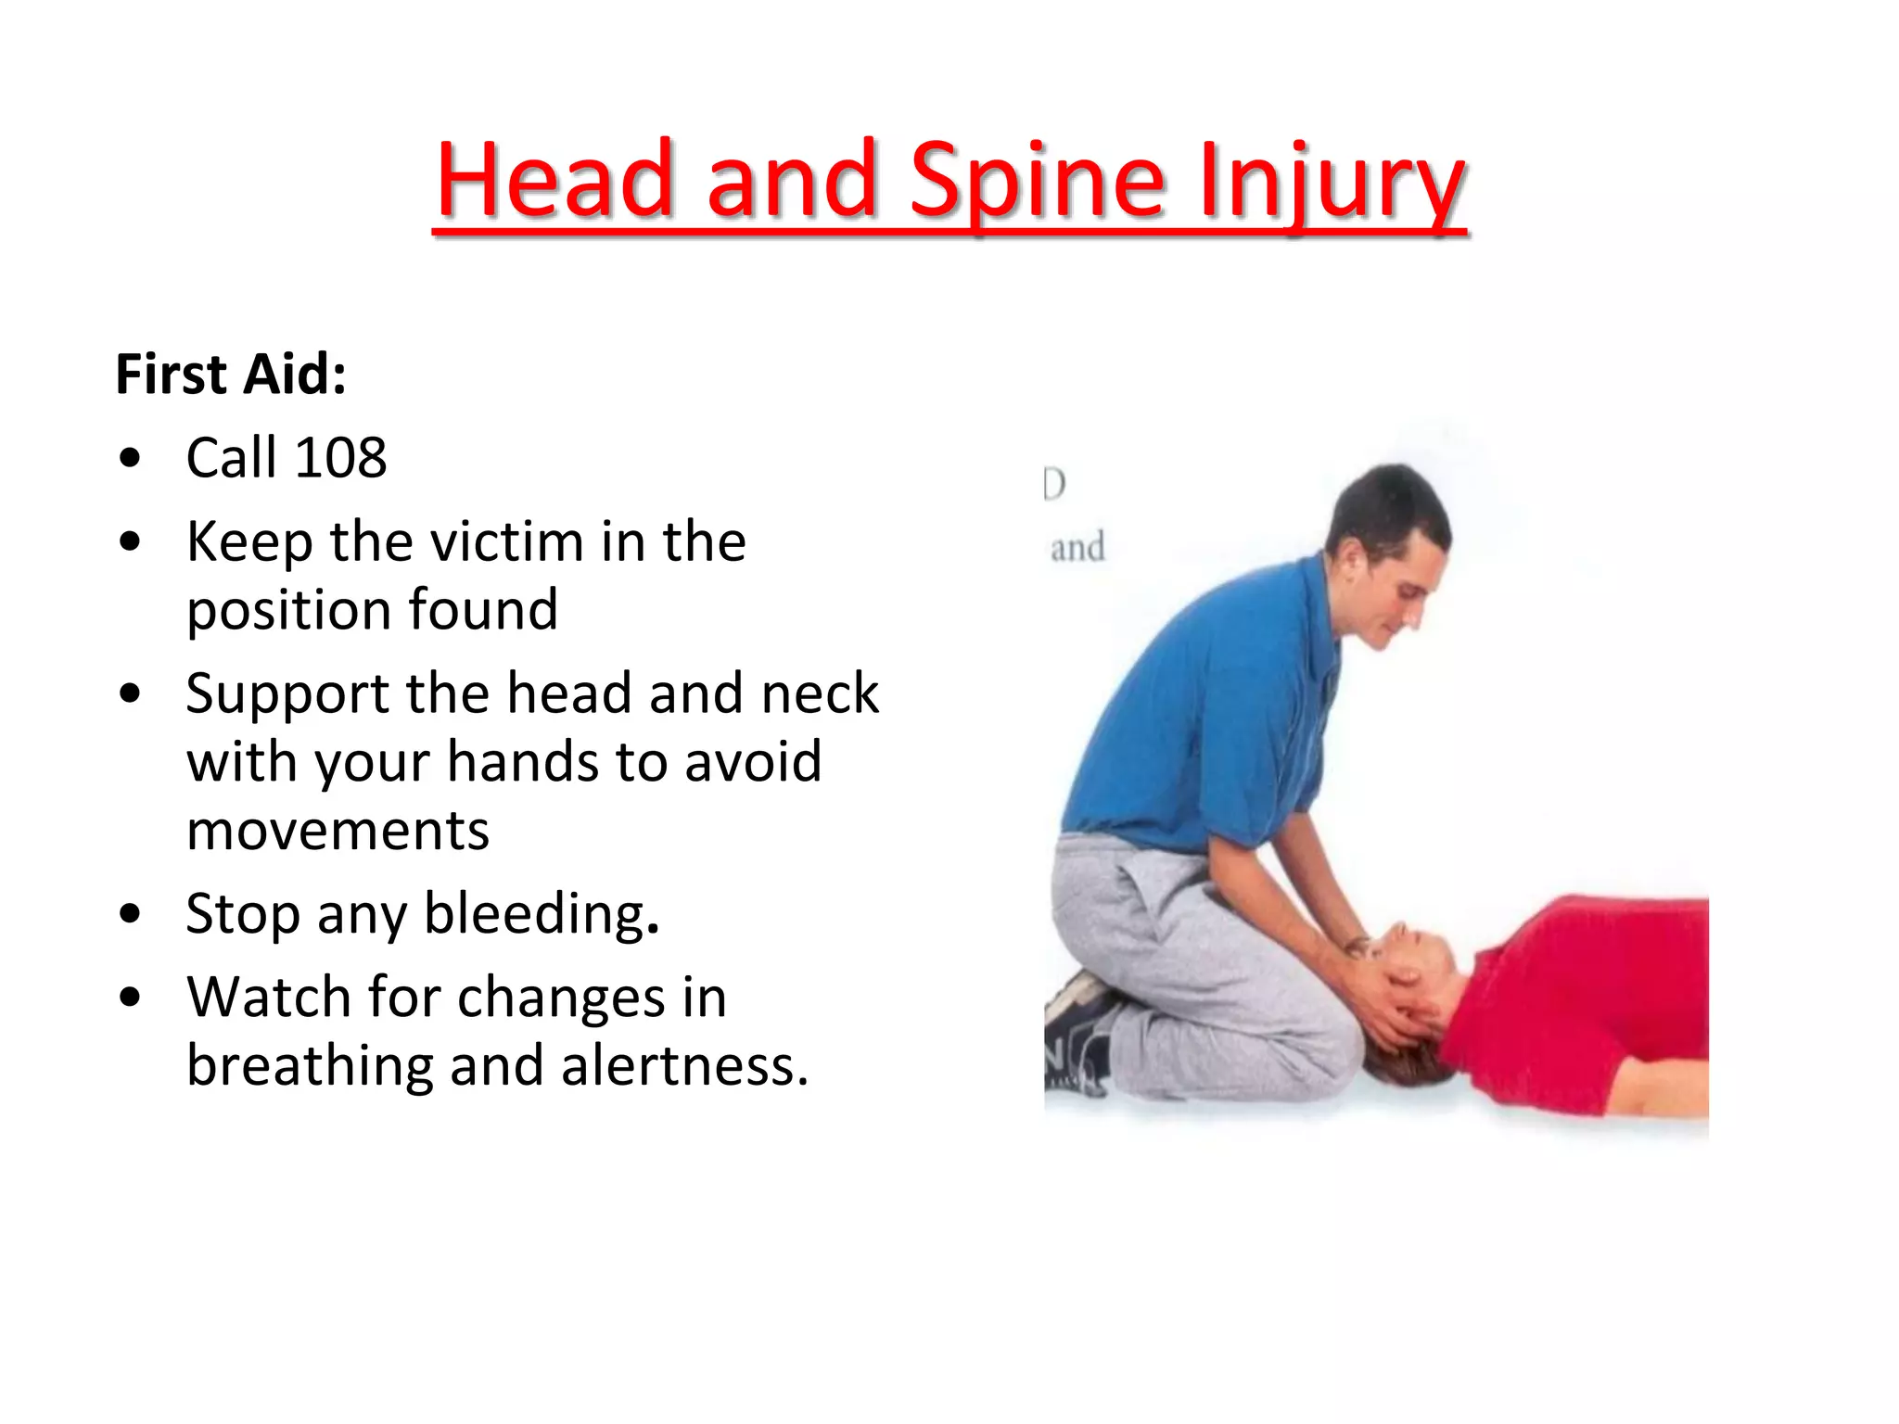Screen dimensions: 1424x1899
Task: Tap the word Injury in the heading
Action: [1332, 181]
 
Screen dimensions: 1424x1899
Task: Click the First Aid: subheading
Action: [231, 375]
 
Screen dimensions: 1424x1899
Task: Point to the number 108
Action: [340, 457]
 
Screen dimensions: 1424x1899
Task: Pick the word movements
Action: [338, 831]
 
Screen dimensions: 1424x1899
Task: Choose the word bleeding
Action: [541, 914]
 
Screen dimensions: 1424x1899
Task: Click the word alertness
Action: [684, 1066]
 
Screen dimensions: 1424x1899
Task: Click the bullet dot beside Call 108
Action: [130, 458]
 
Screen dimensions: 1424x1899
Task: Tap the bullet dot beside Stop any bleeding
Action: [130, 915]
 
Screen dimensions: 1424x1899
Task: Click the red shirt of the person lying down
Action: [1595, 1001]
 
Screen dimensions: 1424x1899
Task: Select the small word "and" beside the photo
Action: [1077, 548]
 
